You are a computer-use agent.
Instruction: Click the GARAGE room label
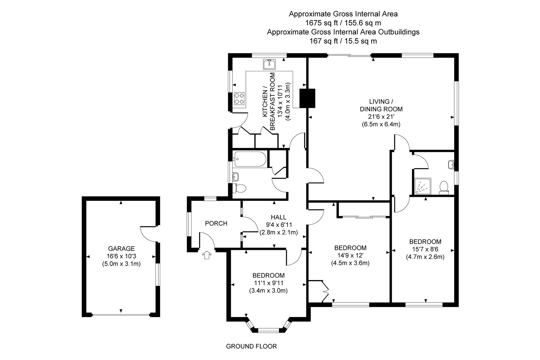(121, 248)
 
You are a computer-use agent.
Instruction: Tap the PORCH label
(216, 224)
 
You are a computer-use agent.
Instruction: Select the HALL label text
(279, 217)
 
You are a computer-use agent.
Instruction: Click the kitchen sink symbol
(269, 64)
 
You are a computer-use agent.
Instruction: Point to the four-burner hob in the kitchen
(239, 98)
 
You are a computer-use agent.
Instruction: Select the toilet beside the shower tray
(444, 188)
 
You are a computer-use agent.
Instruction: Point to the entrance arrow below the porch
(206, 255)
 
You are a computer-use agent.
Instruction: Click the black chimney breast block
(308, 98)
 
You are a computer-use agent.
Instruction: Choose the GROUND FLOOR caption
(251, 347)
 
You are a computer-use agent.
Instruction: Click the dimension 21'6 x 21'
(381, 117)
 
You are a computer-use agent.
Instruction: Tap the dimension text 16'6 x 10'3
(121, 256)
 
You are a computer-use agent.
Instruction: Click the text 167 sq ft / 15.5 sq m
(343, 41)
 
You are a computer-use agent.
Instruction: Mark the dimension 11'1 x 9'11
(268, 283)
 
